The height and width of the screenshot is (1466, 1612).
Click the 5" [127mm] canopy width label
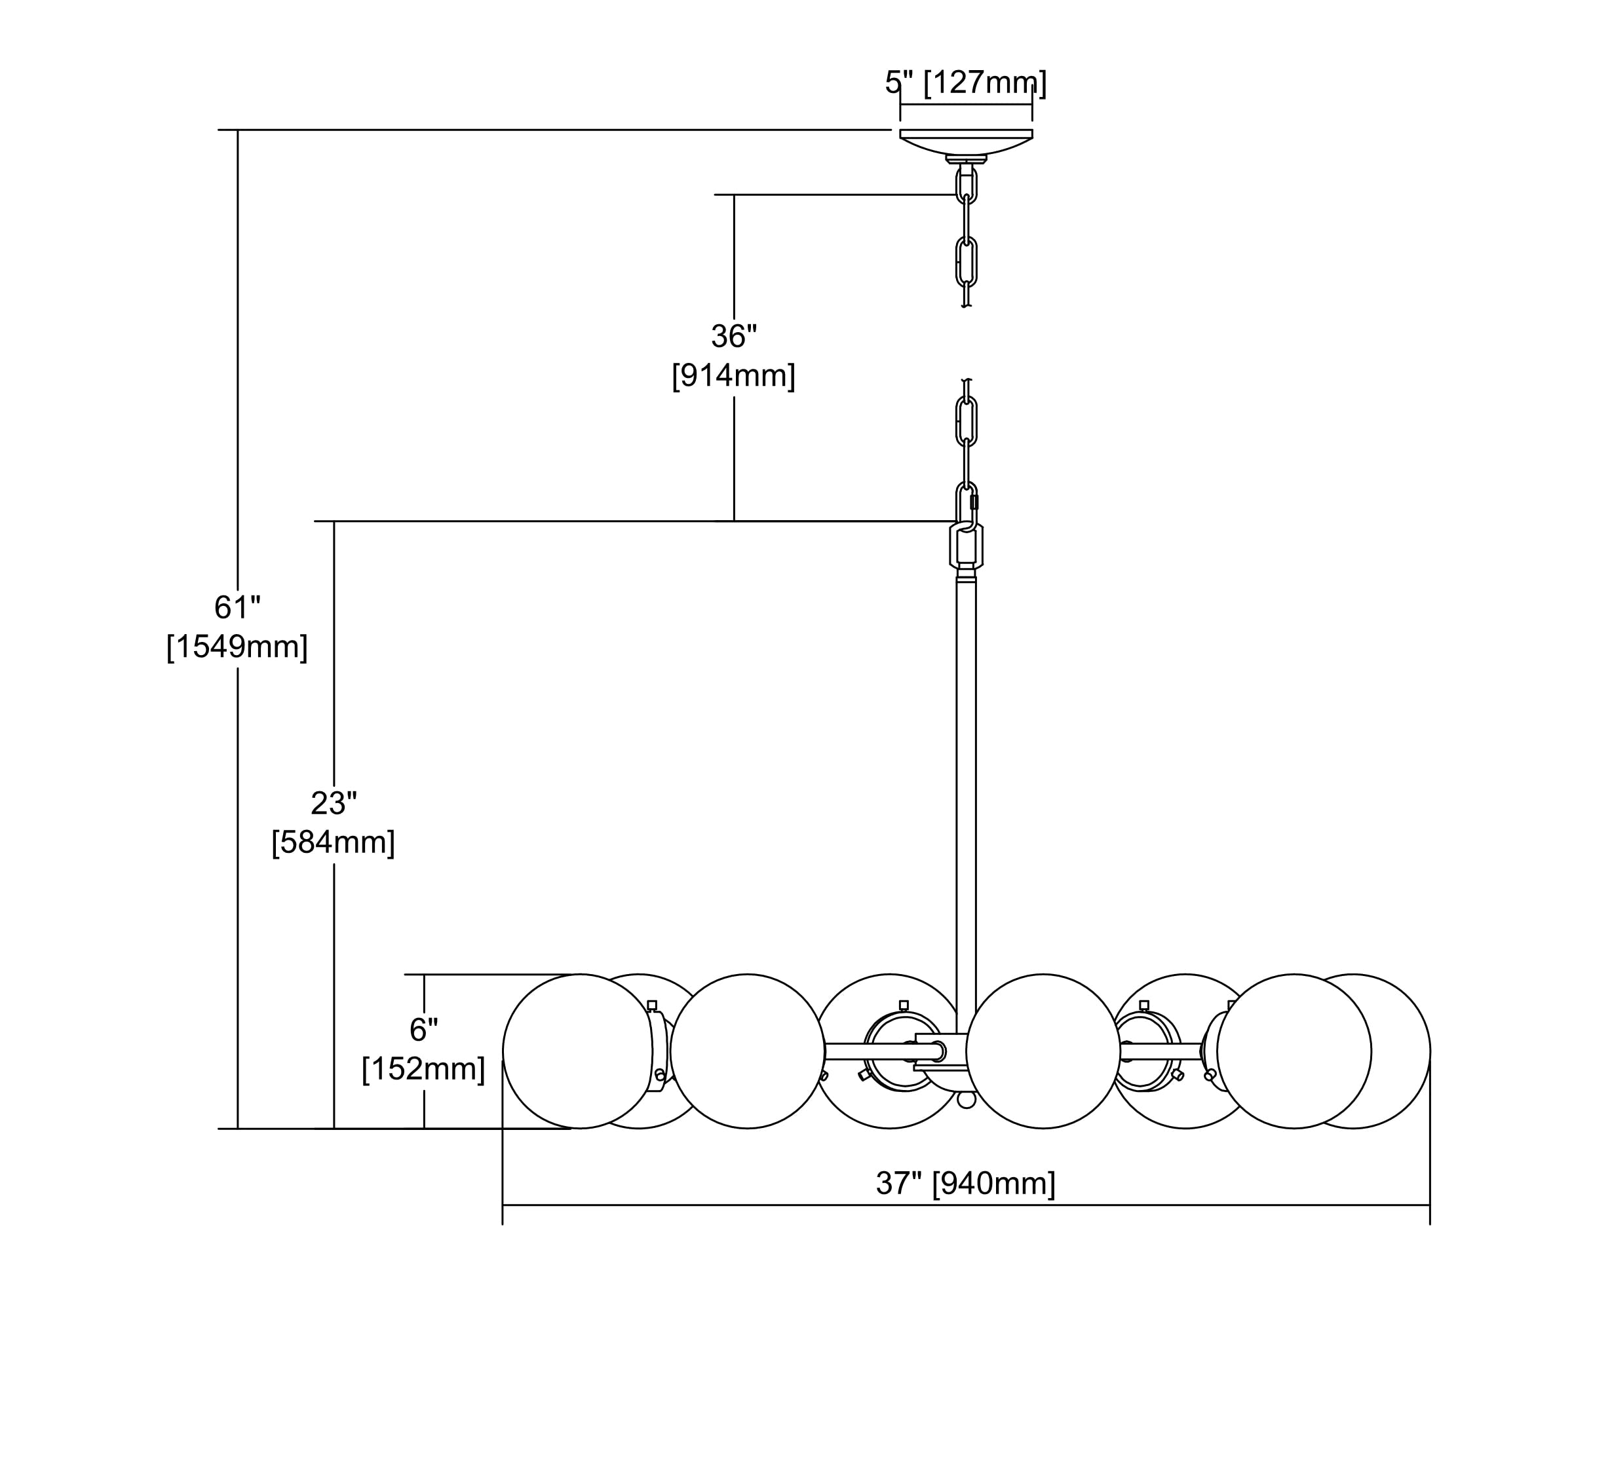(965, 83)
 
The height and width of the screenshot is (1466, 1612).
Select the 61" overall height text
(237, 607)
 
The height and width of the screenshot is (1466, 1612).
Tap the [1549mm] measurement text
(237, 647)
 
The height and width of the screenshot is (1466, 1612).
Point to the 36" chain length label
(733, 337)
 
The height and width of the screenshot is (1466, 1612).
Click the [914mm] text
(733, 376)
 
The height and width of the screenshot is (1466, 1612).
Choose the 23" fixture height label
(334, 803)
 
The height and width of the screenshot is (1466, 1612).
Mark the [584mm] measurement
(334, 842)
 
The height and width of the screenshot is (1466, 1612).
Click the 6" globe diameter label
(424, 1030)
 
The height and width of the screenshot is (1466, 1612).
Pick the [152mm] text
(424, 1070)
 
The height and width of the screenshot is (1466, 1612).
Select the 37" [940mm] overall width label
(965, 1183)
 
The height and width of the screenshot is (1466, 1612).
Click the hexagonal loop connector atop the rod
(966, 546)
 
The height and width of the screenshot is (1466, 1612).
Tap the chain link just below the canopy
(966, 185)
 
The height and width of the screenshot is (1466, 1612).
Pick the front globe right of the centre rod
(1043, 1052)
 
